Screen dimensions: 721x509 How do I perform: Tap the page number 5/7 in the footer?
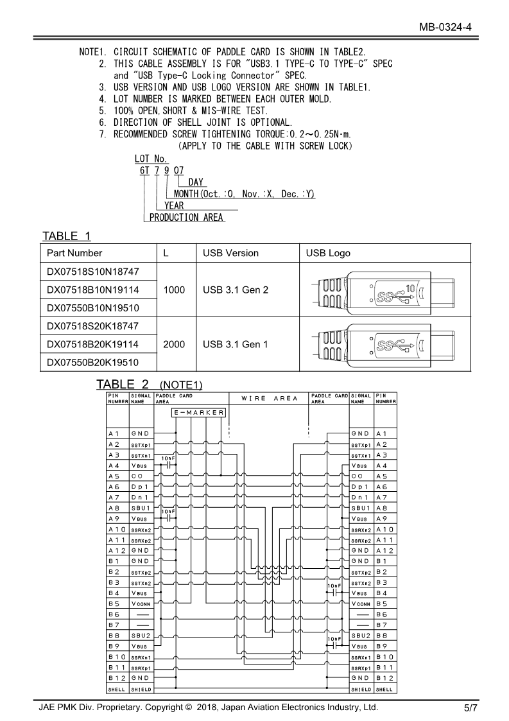pos(470,708)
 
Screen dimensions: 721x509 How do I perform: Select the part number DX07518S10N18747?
pos(93,272)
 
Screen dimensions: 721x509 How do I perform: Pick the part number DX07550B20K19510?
pos(93,362)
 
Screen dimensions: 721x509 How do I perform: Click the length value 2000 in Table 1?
pos(174,344)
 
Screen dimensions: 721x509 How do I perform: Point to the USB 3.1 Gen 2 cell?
pos(235,290)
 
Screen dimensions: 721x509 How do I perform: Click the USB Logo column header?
pos(328,253)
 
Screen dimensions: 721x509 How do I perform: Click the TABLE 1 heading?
pos(67,235)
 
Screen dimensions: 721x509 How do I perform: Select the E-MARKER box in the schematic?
pos(199,412)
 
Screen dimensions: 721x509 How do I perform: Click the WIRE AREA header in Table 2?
pos(270,399)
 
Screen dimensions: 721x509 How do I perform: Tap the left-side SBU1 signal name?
pos(141,508)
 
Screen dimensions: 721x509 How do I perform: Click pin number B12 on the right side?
pos(385,677)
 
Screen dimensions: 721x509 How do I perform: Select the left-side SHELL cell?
pos(117,689)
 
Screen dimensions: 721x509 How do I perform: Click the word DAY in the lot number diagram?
pos(196,182)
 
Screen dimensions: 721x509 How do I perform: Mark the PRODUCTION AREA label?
pos(186,217)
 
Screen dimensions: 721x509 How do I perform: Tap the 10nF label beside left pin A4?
pos(168,458)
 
